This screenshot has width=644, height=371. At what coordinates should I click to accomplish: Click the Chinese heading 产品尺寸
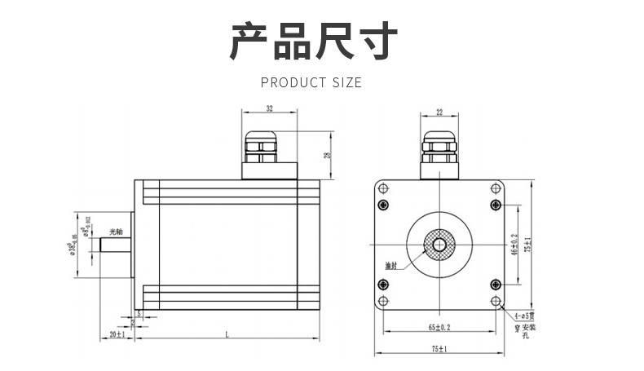click(x=313, y=42)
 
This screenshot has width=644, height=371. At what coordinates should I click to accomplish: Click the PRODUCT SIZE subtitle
click(x=311, y=82)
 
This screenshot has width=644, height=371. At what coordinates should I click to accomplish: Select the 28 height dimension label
click(x=327, y=155)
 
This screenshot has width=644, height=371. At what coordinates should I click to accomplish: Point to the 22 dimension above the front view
click(x=439, y=112)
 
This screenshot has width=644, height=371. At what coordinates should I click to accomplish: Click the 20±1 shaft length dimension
click(x=117, y=334)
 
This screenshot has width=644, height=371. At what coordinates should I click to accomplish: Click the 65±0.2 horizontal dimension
click(x=439, y=327)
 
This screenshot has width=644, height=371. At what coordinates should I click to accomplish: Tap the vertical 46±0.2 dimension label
click(x=514, y=244)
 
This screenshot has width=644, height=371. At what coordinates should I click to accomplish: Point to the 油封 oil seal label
click(x=392, y=266)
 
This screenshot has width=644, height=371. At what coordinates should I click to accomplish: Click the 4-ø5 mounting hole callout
click(x=523, y=316)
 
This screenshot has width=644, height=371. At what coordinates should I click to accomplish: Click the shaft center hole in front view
click(x=439, y=244)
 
